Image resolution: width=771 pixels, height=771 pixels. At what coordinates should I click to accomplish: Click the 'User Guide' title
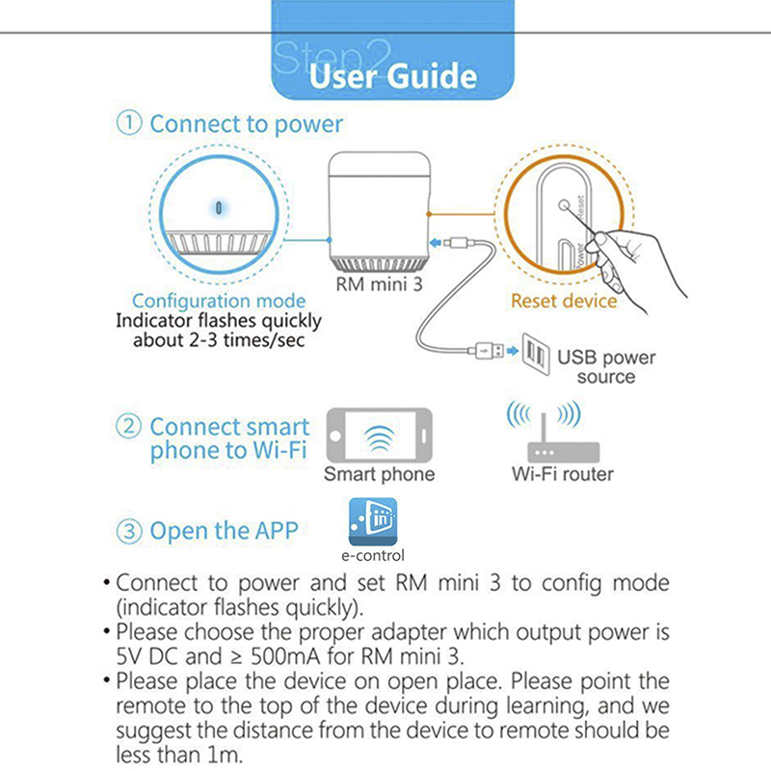[x=392, y=76]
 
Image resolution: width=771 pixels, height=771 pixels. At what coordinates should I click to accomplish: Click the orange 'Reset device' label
[x=564, y=301]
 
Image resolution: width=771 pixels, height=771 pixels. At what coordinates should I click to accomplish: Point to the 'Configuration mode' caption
[x=219, y=301]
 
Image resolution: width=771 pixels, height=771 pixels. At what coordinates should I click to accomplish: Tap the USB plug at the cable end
[x=490, y=351]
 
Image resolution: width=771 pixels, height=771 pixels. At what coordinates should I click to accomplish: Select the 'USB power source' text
[x=606, y=366]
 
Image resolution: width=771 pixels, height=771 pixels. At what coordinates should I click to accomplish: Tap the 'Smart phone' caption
[x=379, y=474]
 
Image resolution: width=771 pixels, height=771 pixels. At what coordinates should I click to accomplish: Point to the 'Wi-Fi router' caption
[x=563, y=474]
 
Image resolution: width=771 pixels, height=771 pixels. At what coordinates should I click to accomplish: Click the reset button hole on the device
[x=564, y=204]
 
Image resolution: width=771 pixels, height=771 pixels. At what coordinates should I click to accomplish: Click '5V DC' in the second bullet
[x=146, y=658]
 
